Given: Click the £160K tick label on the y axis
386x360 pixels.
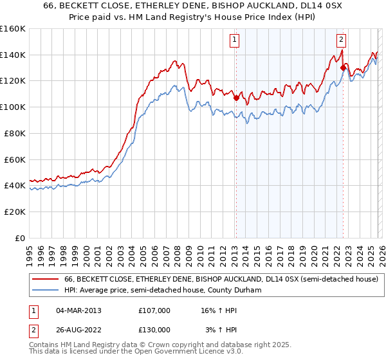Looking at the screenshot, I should click(x=13, y=29).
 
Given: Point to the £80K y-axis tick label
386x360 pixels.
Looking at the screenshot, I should click(x=15, y=133).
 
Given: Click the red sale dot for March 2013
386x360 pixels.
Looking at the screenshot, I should click(x=236, y=98).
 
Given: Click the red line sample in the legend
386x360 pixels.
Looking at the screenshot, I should click(x=45, y=280).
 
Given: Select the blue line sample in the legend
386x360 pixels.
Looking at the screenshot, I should click(x=45, y=290).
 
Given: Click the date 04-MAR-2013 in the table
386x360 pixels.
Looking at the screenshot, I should click(x=79, y=310).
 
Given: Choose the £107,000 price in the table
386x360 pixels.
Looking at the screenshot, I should click(x=154, y=310).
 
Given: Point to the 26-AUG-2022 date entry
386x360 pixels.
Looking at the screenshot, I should click(x=79, y=329).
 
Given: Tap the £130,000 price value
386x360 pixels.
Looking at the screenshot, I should click(x=154, y=329).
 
